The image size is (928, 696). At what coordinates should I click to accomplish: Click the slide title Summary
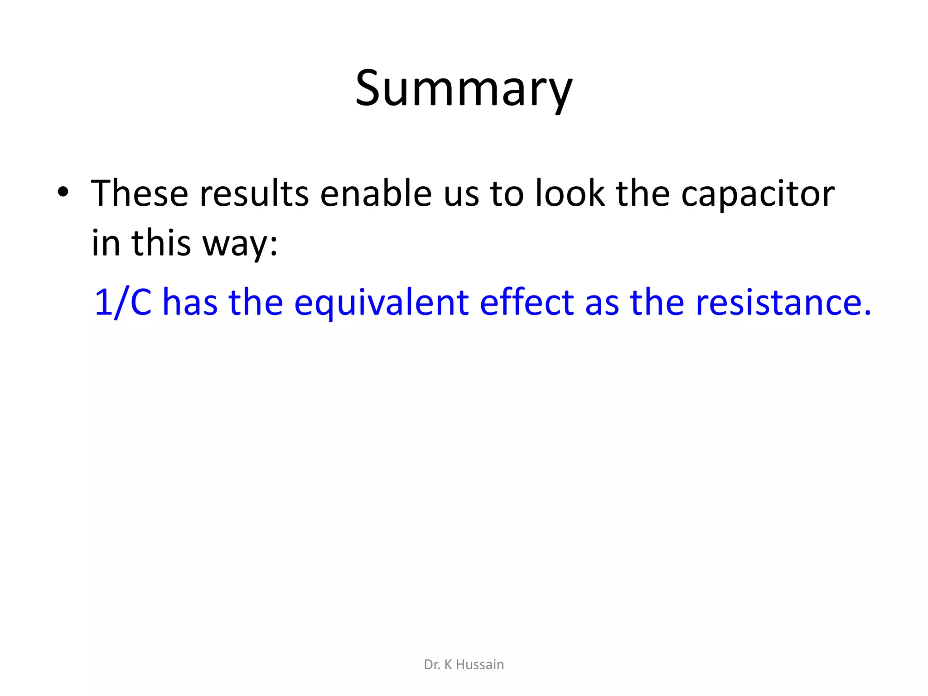coord(464,88)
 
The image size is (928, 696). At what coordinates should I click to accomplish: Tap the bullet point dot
coord(63,192)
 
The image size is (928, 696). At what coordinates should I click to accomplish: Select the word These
coord(140,193)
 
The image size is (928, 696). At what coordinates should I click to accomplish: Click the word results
coord(254,193)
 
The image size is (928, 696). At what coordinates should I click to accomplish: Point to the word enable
coord(376,193)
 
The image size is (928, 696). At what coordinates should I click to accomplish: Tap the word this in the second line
coord(161,243)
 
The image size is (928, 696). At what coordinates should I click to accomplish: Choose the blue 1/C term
coord(123,302)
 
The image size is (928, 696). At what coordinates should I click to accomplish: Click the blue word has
coord(190,302)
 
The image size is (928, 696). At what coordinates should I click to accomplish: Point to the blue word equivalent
coord(381,303)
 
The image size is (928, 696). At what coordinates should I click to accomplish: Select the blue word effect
coord(527,302)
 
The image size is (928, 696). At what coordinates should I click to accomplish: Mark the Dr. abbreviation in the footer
coord(432,665)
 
